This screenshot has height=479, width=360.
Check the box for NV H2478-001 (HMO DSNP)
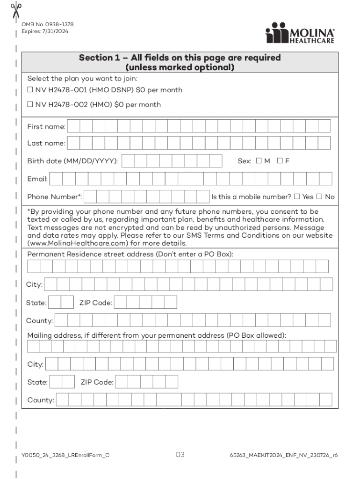pos(30,90)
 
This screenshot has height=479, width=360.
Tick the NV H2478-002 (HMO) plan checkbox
pos(30,105)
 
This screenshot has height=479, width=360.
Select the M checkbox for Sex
pos(259,161)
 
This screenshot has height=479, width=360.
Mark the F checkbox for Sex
pos(280,161)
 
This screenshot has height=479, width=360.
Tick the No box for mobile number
pos(320,196)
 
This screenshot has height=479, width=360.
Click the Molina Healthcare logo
pos(300,34)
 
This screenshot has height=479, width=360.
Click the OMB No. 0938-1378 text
pos(47,24)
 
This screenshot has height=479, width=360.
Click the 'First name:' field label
pos(46,127)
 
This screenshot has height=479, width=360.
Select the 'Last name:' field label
pos(46,144)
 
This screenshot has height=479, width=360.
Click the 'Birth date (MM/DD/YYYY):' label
pos(72,161)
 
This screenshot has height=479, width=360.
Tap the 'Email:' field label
pos(37,179)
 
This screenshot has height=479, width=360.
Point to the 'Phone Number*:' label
pos(54,197)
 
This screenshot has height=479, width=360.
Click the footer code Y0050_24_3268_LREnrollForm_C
pos(65,455)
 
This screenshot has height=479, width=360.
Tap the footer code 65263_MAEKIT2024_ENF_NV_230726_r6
pos(284,455)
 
